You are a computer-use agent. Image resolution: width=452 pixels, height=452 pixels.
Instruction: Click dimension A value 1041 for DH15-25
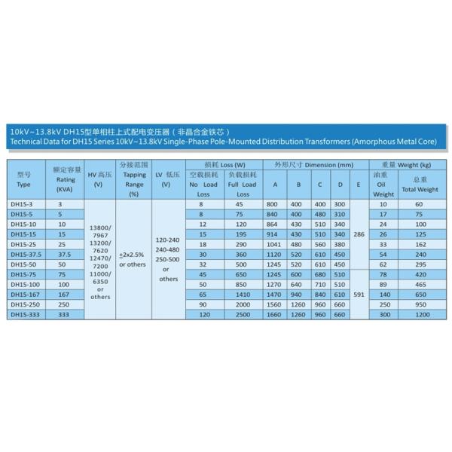pos(276,244)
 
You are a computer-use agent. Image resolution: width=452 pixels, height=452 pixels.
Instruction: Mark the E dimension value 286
pos(360,234)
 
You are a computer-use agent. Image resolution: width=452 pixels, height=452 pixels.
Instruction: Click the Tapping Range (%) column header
pos(134,179)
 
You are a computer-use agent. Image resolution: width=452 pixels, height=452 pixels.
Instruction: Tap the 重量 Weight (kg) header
pos(406,163)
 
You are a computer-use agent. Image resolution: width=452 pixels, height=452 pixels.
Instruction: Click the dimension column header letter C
pos(319,185)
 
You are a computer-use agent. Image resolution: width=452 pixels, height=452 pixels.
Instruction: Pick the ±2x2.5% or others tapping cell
pos(133,260)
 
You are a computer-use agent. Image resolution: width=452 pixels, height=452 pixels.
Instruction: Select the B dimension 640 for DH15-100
pos(298,286)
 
